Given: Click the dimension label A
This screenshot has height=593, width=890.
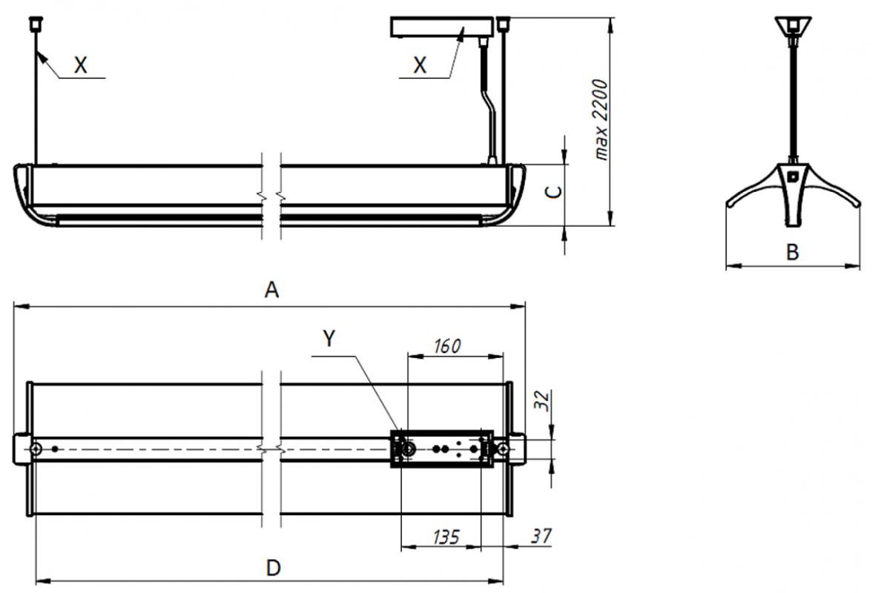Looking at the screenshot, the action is coord(271,290).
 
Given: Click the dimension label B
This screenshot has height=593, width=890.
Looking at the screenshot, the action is coord(793,252).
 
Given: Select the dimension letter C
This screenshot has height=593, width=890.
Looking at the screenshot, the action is coord(554,192).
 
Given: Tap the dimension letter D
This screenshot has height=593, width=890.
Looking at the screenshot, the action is coord(274,568).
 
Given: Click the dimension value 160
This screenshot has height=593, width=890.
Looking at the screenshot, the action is coord(447,346).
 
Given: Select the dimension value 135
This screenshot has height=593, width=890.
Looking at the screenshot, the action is coord(446,537).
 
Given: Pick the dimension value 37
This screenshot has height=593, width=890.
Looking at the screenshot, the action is coord(541,536).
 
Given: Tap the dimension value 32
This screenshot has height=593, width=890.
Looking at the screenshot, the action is coord(542,400).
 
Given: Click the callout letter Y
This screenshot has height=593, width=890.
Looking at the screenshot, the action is coord(329,339).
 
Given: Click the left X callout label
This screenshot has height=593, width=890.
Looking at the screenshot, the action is coord(81,64).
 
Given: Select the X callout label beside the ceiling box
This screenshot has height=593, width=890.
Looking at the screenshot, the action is coord(420,64).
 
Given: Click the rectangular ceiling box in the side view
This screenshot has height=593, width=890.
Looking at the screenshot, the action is coord(442,27).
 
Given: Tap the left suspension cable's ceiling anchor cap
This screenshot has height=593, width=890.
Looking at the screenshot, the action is coord(36,24).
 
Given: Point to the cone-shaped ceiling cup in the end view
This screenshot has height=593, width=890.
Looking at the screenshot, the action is coord(793,27).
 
